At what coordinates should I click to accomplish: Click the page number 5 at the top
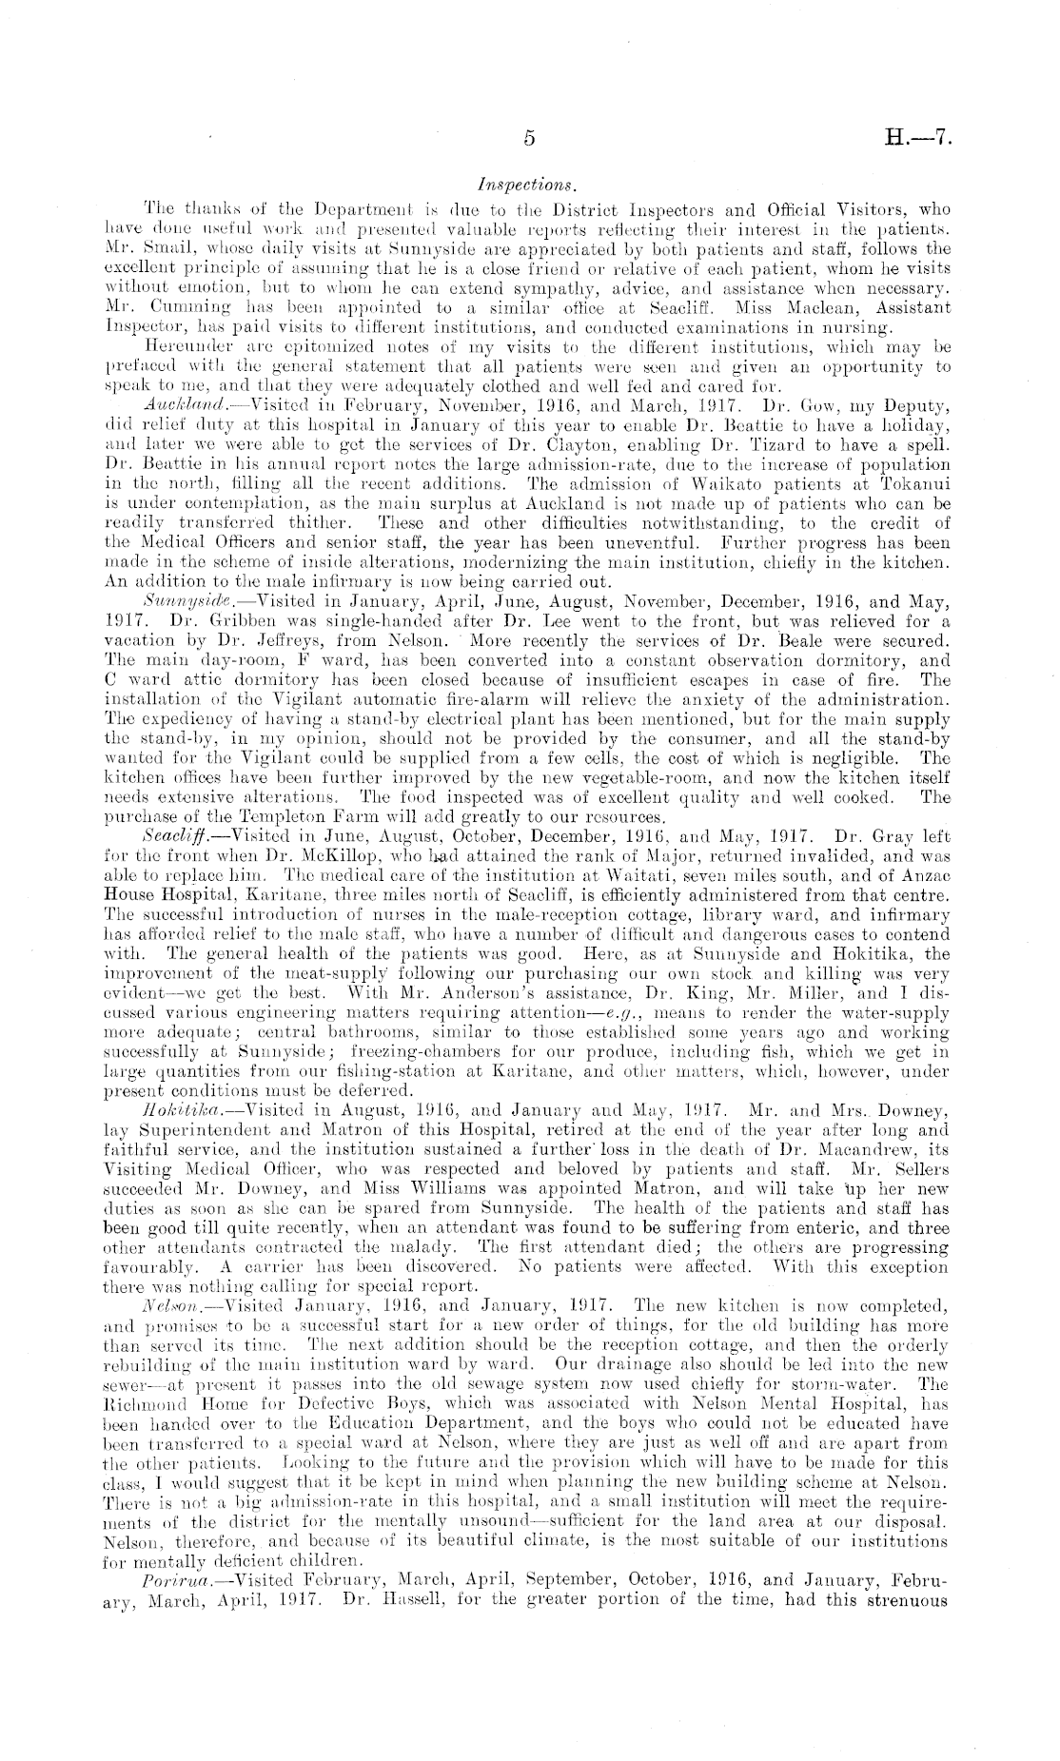[x=529, y=138]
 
